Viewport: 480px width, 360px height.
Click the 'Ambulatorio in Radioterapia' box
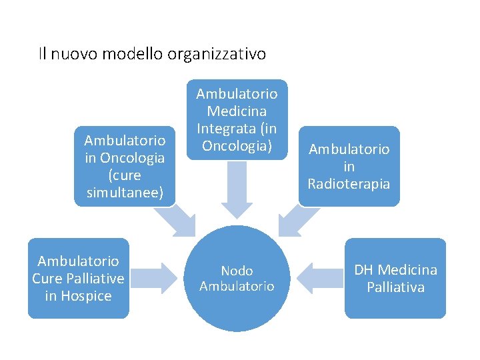point(349,166)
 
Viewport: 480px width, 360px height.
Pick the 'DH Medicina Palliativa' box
point(395,278)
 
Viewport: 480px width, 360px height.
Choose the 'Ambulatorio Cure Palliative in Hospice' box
point(78,278)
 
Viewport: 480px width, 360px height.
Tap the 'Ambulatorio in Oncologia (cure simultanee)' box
point(125,166)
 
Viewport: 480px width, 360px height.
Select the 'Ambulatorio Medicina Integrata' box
point(236,120)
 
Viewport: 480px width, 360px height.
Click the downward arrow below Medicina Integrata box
point(237,192)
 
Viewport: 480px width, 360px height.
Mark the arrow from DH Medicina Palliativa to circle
point(316,278)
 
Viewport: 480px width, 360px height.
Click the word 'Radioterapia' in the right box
point(349,183)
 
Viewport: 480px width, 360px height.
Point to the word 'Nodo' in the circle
point(237,271)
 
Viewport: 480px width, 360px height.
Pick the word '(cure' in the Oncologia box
point(125,175)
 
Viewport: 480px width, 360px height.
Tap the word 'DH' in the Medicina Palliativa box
point(364,270)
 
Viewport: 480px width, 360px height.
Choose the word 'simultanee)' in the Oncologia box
point(125,192)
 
